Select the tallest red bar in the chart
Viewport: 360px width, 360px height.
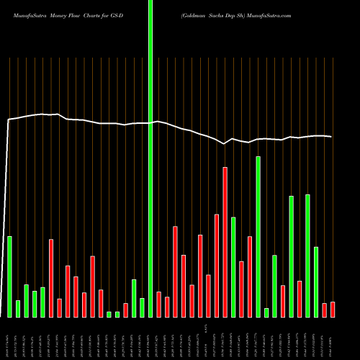[x=225, y=242]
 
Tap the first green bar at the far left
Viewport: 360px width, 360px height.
[x=9, y=276]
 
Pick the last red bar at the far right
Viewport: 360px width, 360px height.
[x=333, y=310]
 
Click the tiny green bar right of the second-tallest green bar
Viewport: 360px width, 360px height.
[x=266, y=312]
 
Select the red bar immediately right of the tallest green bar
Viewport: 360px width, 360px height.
[x=158, y=304]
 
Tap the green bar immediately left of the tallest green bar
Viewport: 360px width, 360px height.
[x=142, y=307]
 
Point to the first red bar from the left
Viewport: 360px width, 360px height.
[x=51, y=278]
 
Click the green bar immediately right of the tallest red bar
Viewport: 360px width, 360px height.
[x=233, y=266]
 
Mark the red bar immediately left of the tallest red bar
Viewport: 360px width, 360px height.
[x=217, y=266]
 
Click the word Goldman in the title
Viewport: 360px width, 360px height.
[x=197, y=14]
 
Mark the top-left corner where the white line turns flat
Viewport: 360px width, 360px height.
[x=9, y=120]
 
